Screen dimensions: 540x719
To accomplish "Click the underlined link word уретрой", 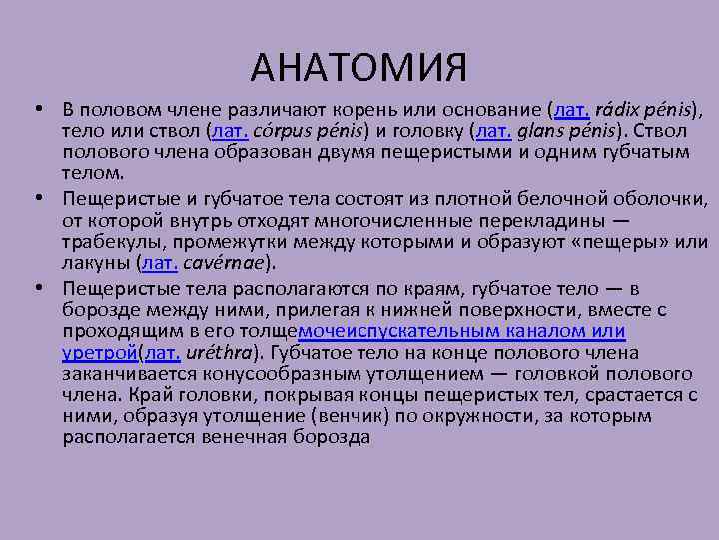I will (x=101, y=352).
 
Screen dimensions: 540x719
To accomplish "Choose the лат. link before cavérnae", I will (x=161, y=264).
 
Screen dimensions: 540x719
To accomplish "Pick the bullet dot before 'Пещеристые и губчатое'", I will (x=35, y=198).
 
